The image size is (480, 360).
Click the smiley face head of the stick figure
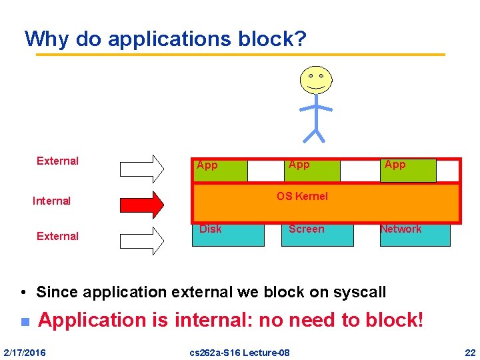tap(315, 80)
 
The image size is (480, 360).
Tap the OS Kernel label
tap(302, 196)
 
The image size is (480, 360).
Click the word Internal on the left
tap(51, 201)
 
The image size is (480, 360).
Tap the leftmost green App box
tap(220, 171)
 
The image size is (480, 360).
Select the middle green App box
tap(311, 170)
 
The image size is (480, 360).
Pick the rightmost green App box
tap(408, 170)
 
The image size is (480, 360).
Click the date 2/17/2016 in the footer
tap(25, 352)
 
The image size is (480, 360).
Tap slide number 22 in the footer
tap(470, 352)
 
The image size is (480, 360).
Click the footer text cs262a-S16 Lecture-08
tap(240, 352)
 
